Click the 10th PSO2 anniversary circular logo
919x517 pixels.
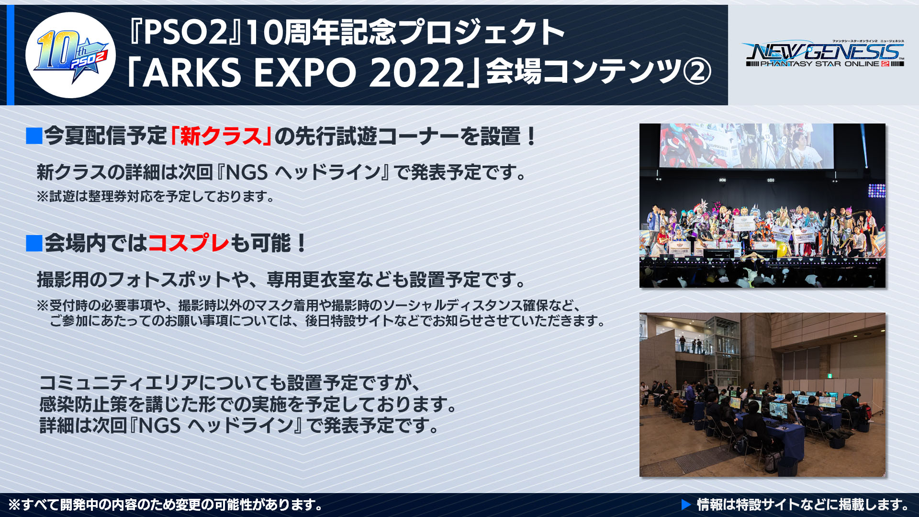(70, 55)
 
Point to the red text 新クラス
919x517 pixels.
(221, 136)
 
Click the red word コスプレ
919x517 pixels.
(189, 243)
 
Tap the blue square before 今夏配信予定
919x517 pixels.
(34, 136)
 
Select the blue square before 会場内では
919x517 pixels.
(34, 243)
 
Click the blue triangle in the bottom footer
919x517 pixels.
(686, 505)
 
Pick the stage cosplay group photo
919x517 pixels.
(762, 205)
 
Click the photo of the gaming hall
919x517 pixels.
(762, 394)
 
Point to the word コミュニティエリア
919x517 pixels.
(119, 383)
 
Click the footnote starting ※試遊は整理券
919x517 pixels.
(156, 196)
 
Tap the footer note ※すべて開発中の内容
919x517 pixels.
(166, 505)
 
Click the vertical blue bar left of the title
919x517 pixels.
(10, 55)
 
